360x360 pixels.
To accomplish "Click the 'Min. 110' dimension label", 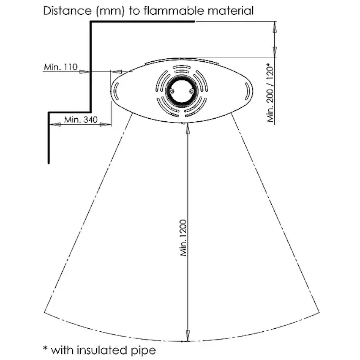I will (60, 67).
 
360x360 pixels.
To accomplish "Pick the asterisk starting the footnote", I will (45, 348).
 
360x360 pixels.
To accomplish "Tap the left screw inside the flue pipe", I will (172, 92).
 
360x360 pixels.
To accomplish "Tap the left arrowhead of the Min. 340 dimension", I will (54, 125).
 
